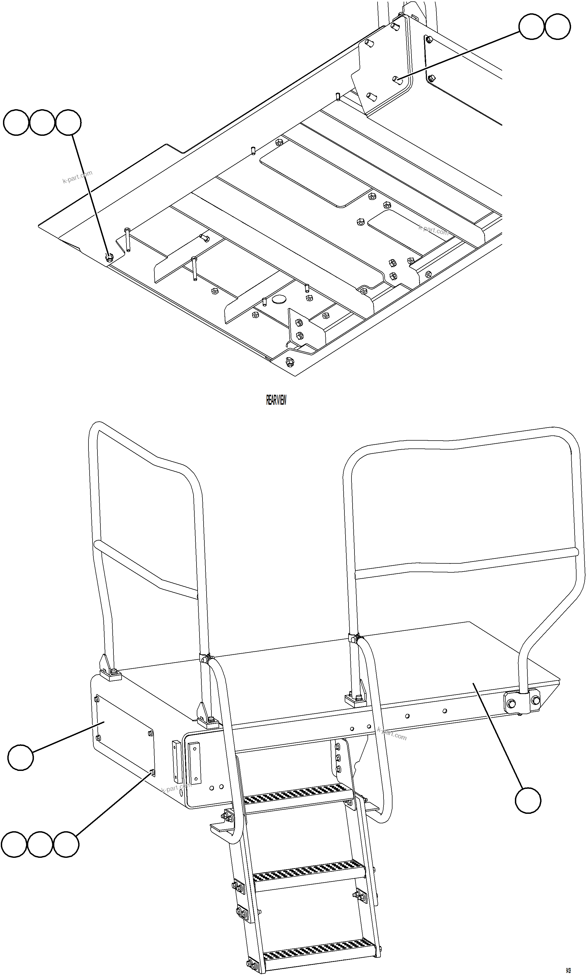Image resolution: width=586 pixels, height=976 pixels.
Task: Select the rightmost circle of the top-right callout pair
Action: (x=558, y=27)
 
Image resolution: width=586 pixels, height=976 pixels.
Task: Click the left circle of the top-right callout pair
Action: (x=531, y=27)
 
